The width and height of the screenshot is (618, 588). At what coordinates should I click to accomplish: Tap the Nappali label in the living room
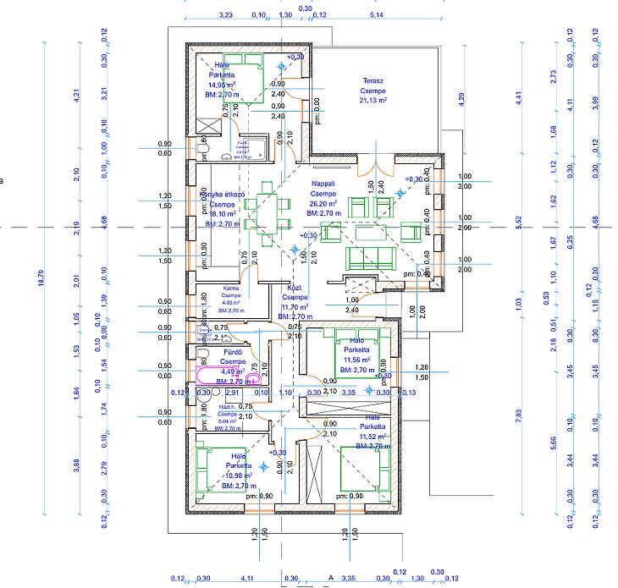(x=323, y=183)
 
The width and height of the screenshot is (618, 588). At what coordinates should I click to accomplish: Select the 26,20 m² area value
(x=323, y=204)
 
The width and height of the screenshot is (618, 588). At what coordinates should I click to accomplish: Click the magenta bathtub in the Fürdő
(x=223, y=375)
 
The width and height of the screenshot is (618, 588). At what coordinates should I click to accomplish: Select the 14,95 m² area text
(x=223, y=85)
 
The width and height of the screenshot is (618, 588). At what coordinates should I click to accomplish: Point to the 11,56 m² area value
(x=357, y=360)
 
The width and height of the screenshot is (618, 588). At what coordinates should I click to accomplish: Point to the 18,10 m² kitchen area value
(x=222, y=214)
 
